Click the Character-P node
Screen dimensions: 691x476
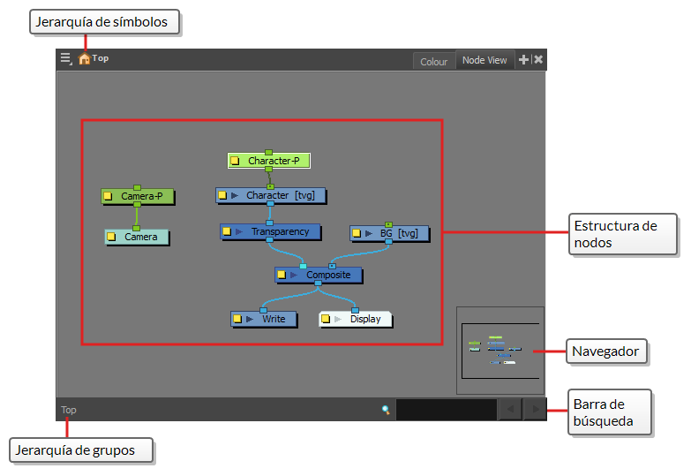coord(269,161)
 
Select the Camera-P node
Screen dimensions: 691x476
coord(138,196)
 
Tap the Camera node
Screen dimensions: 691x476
coord(137,237)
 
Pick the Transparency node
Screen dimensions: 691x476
coord(270,231)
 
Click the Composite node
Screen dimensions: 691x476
coord(319,275)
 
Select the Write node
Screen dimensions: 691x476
coord(264,319)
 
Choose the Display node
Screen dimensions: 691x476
coord(355,319)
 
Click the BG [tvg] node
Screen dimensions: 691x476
coord(389,233)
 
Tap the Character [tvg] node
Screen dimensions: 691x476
coord(271,195)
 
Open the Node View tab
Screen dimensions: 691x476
coord(484,60)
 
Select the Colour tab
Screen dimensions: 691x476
coord(433,62)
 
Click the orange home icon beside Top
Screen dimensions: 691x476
coord(84,58)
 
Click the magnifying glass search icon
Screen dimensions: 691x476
coord(386,410)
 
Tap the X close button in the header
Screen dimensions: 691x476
coord(538,59)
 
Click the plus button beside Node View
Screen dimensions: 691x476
coord(523,59)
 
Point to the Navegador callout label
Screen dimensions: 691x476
coord(606,351)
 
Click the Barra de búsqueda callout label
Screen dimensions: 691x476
coord(610,412)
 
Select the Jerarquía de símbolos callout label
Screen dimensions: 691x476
coord(104,22)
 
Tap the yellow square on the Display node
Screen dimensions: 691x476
coord(326,319)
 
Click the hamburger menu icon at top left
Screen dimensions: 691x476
coord(65,58)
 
